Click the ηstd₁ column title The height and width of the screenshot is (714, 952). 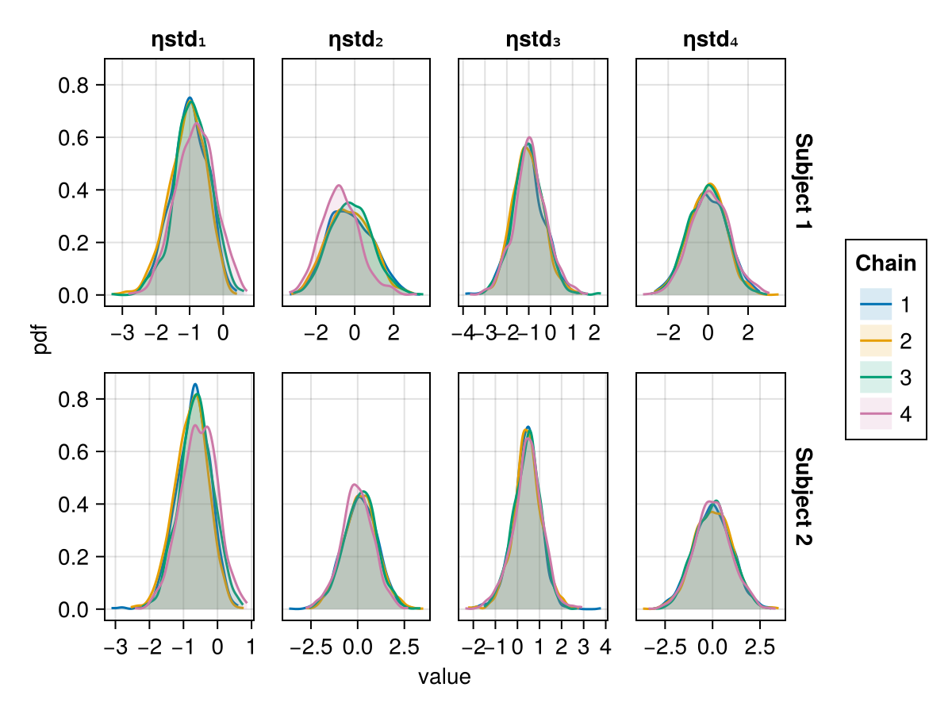pyautogui.click(x=178, y=40)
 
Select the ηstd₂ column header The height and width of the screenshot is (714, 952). pyautogui.click(x=356, y=40)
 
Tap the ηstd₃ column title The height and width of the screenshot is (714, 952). pyautogui.click(x=533, y=40)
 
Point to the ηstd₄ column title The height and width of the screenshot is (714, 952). pyautogui.click(x=711, y=40)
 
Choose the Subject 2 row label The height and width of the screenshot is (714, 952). pyautogui.click(x=804, y=496)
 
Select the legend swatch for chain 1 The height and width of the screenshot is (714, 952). pyautogui.click(x=876, y=305)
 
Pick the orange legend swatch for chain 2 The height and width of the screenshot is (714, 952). pyautogui.click(x=876, y=342)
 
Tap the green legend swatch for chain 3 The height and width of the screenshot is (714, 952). pyautogui.click(x=876, y=378)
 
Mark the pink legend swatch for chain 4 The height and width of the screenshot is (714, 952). pyautogui.click(x=876, y=415)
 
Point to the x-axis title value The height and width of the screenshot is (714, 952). pyautogui.click(x=444, y=678)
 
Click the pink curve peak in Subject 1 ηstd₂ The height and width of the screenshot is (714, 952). pyautogui.click(x=339, y=186)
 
